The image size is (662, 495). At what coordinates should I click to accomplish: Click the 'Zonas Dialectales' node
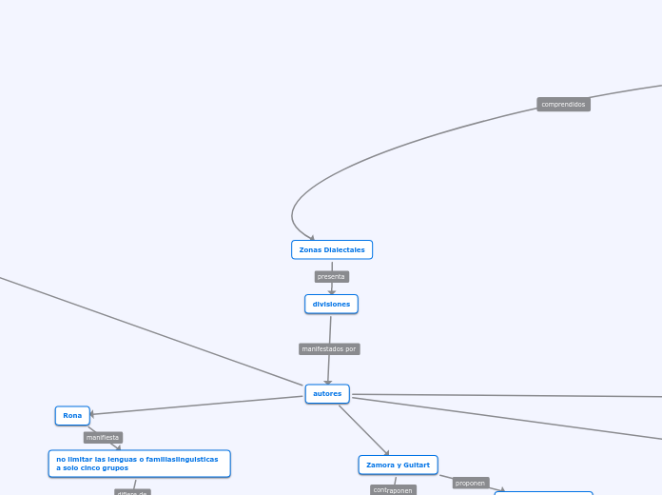pos(331,249)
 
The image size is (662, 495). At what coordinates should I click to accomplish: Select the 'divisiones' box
pos(331,304)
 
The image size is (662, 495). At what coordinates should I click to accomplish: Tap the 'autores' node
pos(327,393)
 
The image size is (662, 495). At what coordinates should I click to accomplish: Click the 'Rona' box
pos(72,415)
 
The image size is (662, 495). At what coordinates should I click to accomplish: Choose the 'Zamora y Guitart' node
pos(398,465)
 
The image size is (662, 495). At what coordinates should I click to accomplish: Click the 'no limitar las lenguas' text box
pos(139,464)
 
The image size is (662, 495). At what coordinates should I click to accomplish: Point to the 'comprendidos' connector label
pos(563,104)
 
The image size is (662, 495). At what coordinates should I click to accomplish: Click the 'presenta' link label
pos(331,276)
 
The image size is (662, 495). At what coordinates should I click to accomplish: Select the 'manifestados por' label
pos(329,348)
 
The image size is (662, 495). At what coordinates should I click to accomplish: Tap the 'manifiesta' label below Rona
pos(103,437)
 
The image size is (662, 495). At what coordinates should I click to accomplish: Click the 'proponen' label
pos(470,483)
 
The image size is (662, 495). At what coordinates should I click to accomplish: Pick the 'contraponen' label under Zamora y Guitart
pos(393,490)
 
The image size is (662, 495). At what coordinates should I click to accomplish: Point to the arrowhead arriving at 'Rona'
pos(93,414)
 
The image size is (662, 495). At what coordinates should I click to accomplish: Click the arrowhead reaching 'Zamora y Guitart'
pos(386,453)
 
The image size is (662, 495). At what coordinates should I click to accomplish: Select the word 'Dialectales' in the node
pos(345,249)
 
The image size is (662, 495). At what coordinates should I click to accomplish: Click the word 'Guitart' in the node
pos(417,465)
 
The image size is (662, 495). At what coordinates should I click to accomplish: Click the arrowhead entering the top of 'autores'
pos(328,382)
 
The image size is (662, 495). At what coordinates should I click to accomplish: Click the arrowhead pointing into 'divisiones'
pos(332,291)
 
